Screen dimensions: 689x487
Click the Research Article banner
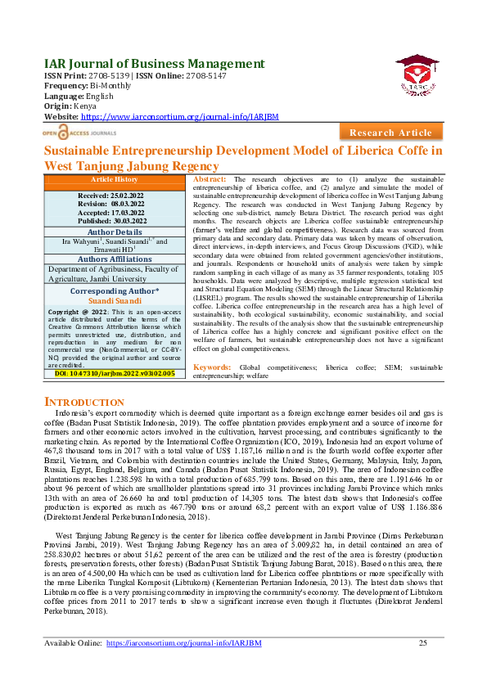[390, 133]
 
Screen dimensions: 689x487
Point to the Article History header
[114, 179]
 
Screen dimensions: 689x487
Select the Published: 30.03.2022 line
[112, 221]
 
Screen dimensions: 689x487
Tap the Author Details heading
[115, 232]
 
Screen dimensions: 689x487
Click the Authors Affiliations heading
[115, 259]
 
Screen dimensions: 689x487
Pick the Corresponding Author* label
[115, 290]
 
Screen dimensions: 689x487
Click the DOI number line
[115, 373]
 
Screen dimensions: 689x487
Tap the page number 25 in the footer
[423, 643]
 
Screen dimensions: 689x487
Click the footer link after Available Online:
[183, 643]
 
